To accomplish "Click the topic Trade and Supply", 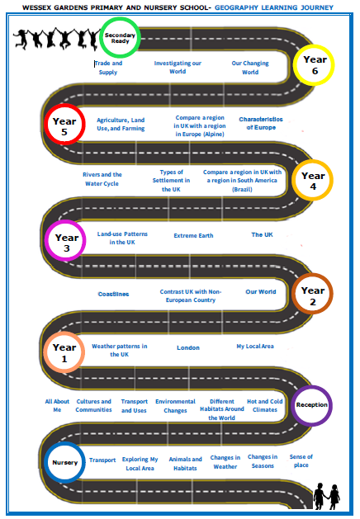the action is point(108,68).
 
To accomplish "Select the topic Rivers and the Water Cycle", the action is point(102,179).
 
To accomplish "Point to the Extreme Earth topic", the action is point(193,236).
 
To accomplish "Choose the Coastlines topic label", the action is point(113,294).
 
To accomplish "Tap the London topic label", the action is point(188,347).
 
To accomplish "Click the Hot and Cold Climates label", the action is point(264,405).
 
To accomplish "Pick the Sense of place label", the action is point(301,460).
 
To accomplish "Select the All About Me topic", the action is point(57,405).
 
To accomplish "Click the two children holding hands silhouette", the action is point(326,496).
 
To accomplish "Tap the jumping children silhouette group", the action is point(56,40).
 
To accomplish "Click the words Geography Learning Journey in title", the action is point(274,7).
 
